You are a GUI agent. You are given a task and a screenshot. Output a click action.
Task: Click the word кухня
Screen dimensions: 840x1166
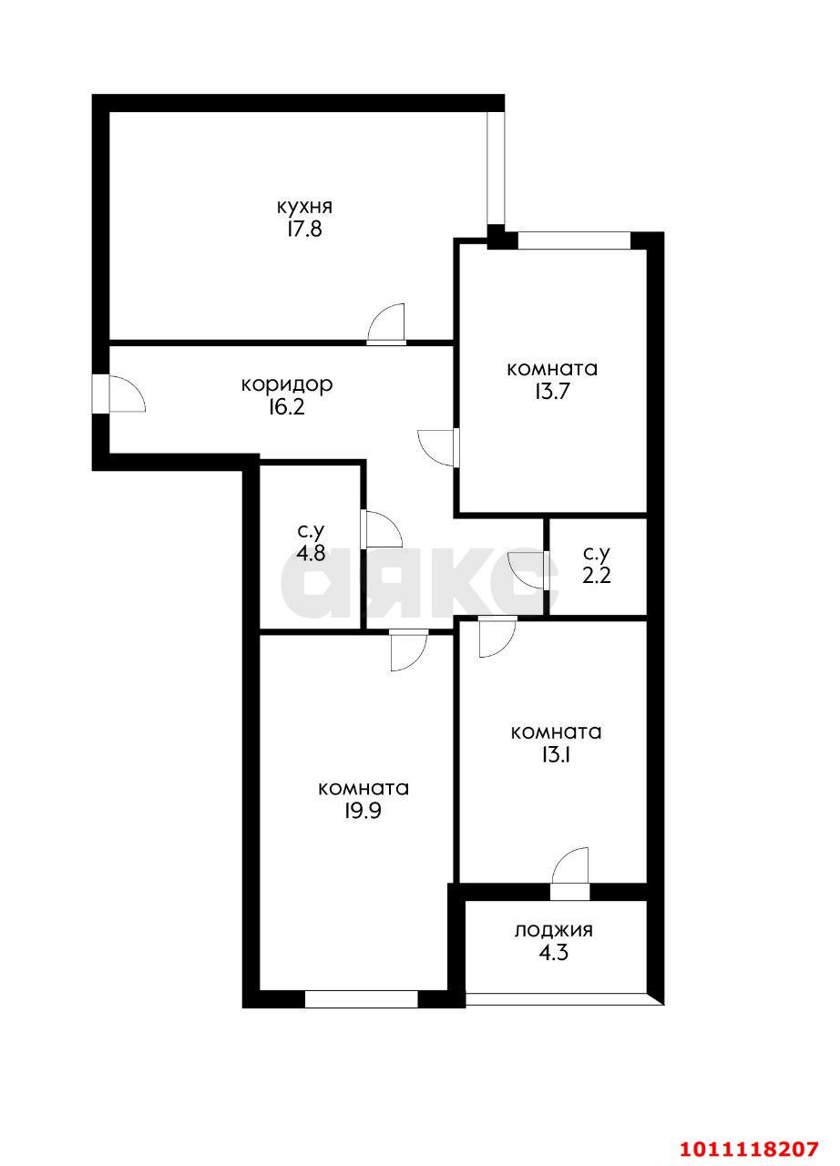[x=304, y=207]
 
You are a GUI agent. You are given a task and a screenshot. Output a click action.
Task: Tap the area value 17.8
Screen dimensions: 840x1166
[x=304, y=229]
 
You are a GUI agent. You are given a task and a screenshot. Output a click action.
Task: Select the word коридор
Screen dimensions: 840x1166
[x=287, y=385]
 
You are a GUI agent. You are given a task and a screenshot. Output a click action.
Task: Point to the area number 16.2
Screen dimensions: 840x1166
[x=286, y=407]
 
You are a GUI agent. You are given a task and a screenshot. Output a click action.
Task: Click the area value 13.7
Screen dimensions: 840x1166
[x=552, y=392]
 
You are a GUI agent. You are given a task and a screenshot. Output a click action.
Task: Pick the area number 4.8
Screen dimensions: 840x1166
[x=311, y=553]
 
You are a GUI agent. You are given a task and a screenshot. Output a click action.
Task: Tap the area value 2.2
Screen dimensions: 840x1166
[x=597, y=576]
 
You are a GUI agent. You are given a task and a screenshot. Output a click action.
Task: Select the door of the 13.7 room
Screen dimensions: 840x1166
[x=436, y=447]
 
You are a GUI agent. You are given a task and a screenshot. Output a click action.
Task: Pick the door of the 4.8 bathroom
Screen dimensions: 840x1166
[x=383, y=529]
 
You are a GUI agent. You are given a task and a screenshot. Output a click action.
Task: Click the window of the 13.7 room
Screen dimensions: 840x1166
[x=574, y=241]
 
